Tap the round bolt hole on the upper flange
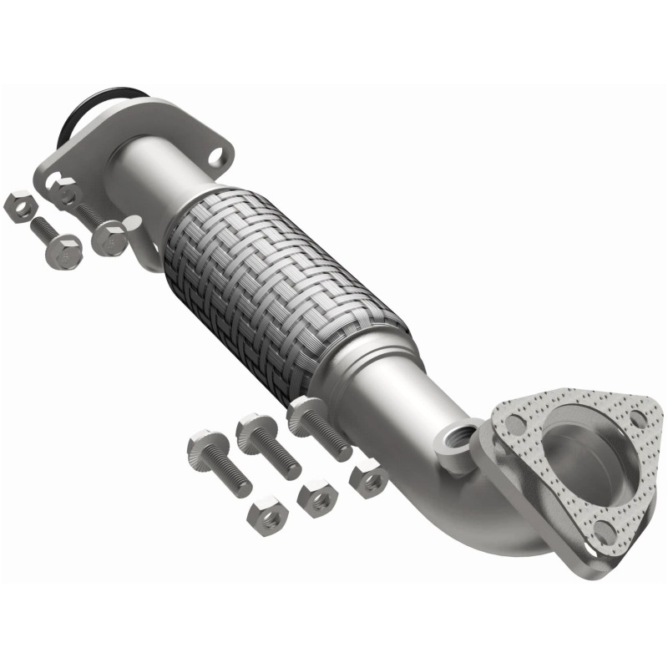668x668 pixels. coord(215,155)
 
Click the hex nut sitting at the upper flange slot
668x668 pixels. coord(68,194)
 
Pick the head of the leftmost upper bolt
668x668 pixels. coord(65,250)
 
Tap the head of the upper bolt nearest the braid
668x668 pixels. coord(109,238)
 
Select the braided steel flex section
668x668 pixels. coord(284,284)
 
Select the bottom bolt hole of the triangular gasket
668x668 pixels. coord(604,530)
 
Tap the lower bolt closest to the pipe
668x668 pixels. coord(305,413)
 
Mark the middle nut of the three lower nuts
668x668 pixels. coord(316,498)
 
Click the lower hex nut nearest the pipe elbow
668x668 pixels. coord(369,479)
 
